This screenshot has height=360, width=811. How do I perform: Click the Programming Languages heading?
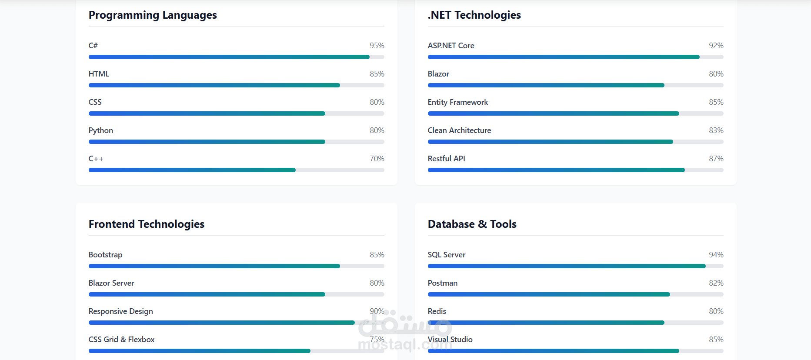(x=153, y=15)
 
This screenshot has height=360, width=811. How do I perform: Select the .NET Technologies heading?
(x=474, y=15)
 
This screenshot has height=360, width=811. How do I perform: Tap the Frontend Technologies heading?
(x=147, y=224)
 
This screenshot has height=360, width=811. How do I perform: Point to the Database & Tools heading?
(x=472, y=224)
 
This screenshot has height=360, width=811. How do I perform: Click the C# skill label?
(x=93, y=46)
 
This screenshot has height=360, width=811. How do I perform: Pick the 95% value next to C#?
(x=377, y=46)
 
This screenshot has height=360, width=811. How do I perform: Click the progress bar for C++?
(x=237, y=170)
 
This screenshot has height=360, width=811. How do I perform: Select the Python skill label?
(x=101, y=130)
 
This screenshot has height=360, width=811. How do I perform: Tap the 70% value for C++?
(x=377, y=159)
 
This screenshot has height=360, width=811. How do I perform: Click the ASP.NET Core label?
(x=451, y=46)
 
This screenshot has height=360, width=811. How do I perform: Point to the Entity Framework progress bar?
(x=576, y=113)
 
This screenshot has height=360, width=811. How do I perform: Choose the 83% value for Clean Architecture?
(x=716, y=130)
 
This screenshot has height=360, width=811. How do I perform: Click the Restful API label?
(x=447, y=159)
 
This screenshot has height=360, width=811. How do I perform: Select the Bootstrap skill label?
(x=106, y=255)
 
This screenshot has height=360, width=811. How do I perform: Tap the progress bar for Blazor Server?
(x=237, y=294)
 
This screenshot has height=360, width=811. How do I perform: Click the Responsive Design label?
(x=121, y=311)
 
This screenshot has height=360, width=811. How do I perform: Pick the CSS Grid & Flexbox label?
(x=122, y=340)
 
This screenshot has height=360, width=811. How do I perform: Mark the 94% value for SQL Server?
(x=716, y=255)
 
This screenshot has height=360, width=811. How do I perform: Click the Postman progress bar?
(x=576, y=294)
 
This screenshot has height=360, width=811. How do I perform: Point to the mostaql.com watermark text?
(x=405, y=345)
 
